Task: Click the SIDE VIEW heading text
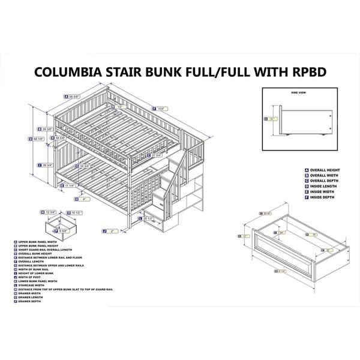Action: point(298,94)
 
